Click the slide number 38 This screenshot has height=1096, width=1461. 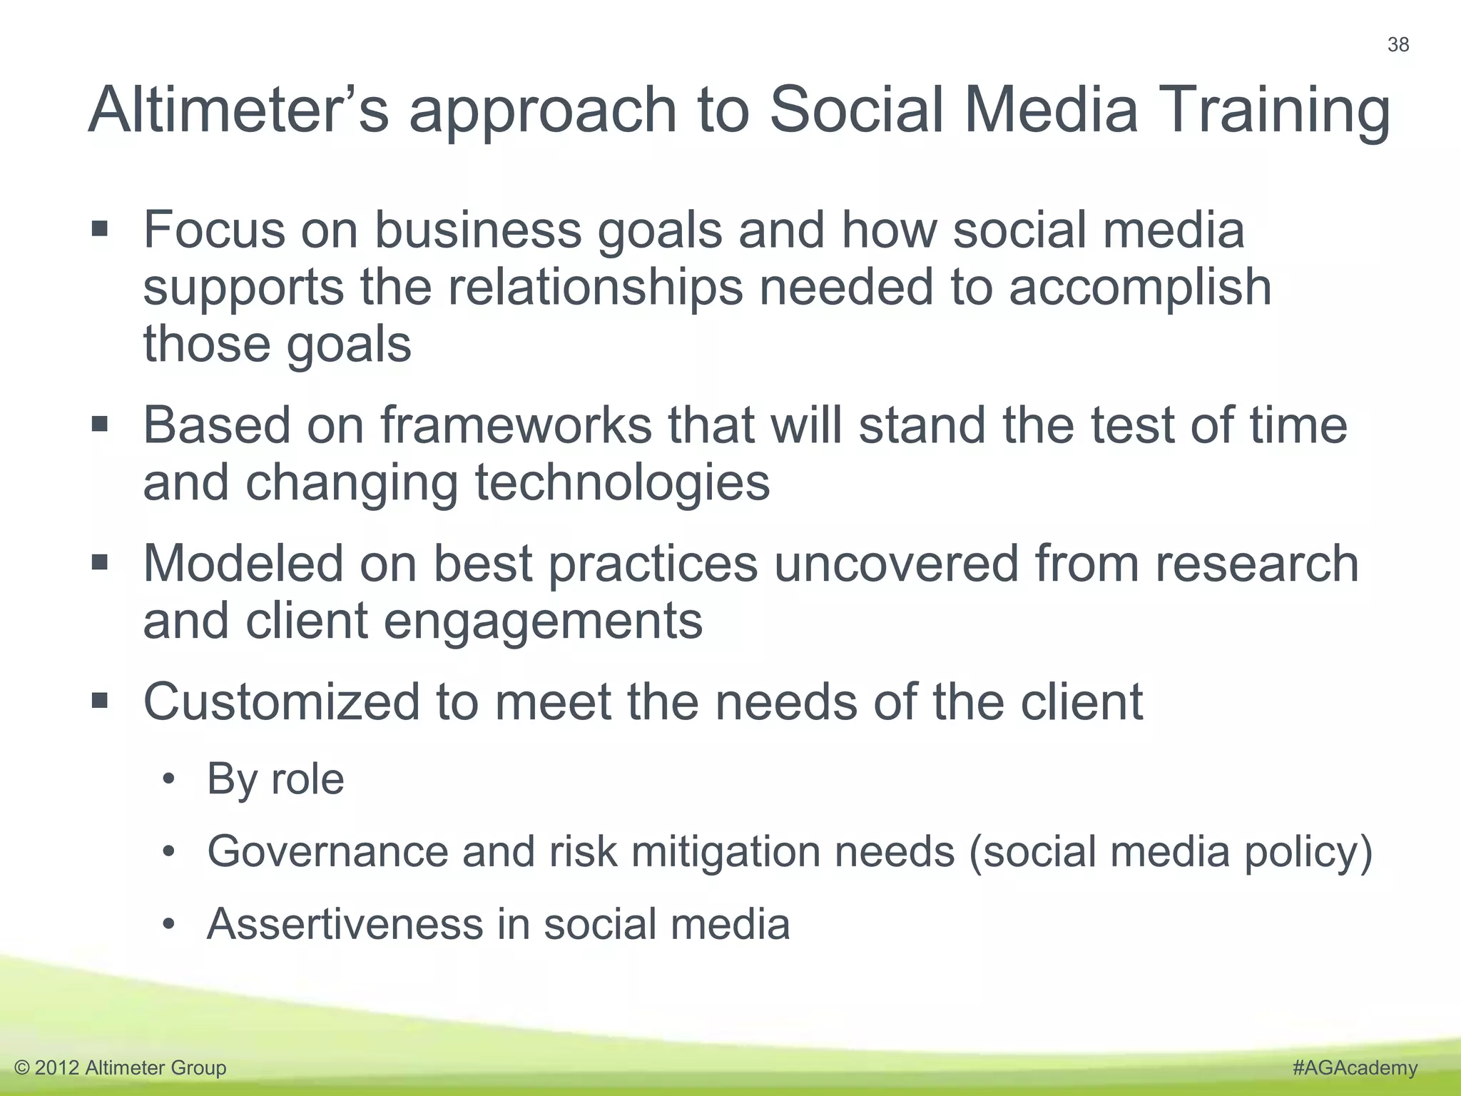point(1398,45)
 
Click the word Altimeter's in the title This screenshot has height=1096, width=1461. point(239,110)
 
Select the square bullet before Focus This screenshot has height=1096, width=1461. point(100,230)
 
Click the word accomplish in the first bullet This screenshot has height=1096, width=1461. point(1139,287)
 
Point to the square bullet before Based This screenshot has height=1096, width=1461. point(100,425)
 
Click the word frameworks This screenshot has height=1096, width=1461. point(515,425)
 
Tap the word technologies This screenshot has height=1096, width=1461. point(622,482)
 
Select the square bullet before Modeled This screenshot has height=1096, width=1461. point(100,563)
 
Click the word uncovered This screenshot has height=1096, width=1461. point(896,563)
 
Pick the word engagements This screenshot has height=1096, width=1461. point(543,621)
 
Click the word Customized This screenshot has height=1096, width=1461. point(281,702)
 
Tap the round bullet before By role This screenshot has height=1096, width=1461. point(168,779)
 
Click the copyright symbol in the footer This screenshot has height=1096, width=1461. point(22,1068)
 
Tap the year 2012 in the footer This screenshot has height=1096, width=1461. point(56,1068)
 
